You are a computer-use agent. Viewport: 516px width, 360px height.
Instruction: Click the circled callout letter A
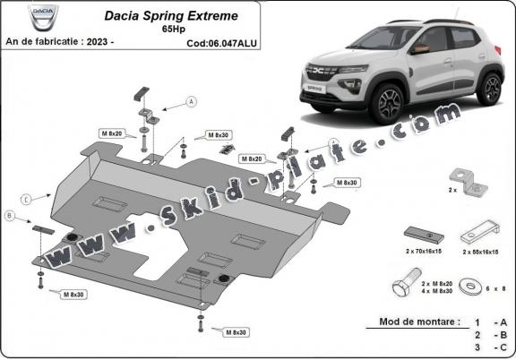pos(191,103)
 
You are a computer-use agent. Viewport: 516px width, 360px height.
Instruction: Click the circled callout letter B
pos(9,215)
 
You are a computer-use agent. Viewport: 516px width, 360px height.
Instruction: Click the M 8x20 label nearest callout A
pos(112,133)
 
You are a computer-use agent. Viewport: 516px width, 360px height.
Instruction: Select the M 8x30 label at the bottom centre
pos(236,331)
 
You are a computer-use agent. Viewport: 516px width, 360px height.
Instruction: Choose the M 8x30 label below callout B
pos(73,294)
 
